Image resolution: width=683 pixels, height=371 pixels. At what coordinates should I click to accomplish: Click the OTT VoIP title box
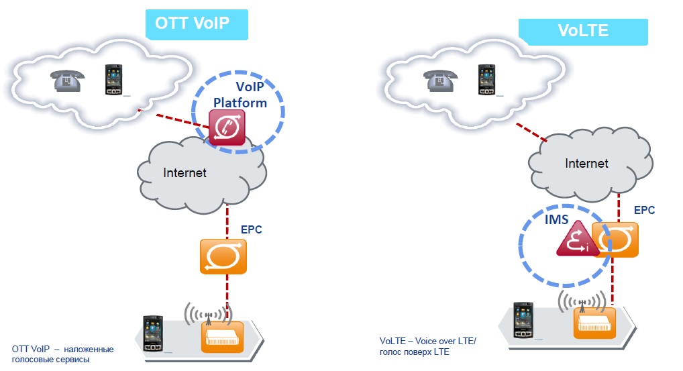tap(196, 24)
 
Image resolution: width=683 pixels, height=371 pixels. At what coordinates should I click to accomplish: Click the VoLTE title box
tap(582, 31)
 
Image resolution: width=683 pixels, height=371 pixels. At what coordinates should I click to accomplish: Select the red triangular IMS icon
tap(574, 240)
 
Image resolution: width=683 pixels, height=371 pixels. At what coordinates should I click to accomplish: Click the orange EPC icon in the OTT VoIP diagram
tap(224, 256)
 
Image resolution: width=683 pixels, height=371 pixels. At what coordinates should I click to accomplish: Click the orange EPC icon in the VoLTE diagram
tap(615, 239)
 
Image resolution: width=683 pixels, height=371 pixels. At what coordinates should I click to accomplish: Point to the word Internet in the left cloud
tap(185, 172)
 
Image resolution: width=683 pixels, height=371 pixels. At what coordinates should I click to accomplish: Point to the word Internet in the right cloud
tap(586, 163)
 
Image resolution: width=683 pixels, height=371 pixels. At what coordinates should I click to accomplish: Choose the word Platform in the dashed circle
tap(240, 103)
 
